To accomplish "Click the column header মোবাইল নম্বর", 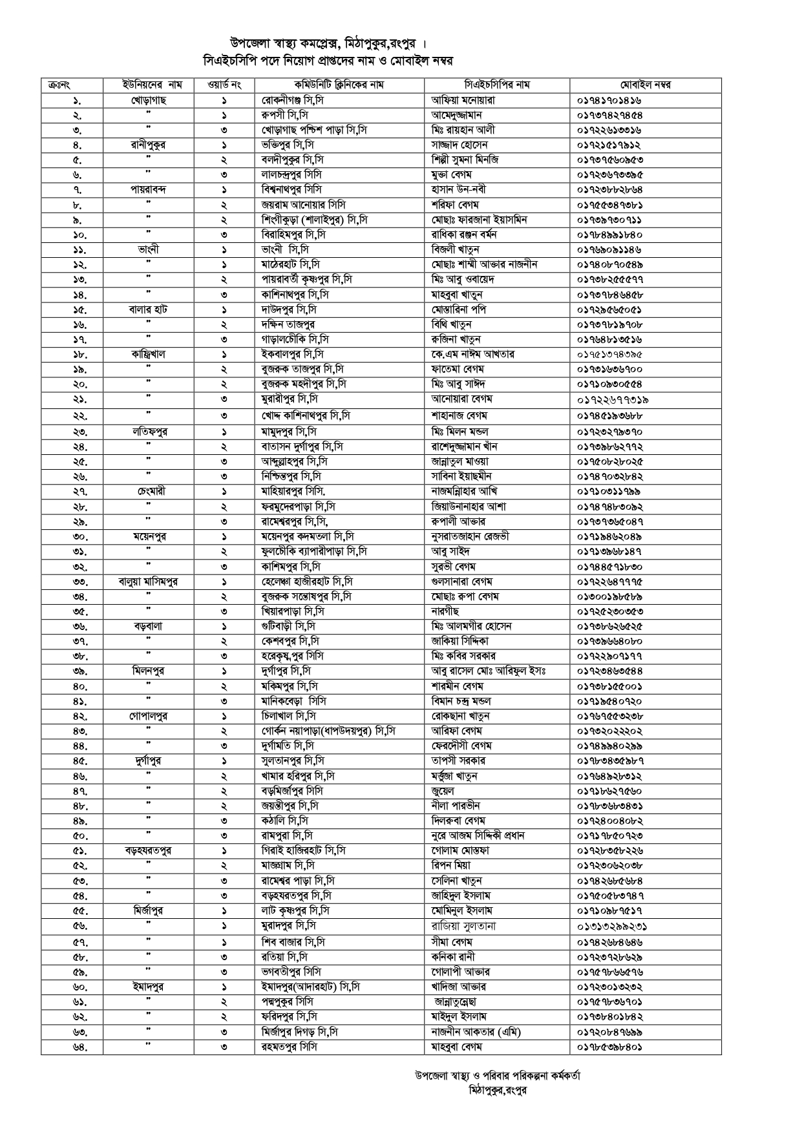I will [645, 85].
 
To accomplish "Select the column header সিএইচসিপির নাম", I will [496, 85].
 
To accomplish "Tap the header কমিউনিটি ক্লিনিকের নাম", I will [339, 85].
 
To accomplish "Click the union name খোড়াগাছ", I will [148, 101].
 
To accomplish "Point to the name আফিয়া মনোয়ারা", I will [463, 101].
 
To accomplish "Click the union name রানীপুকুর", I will [148, 145].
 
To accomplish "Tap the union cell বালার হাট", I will [148, 310].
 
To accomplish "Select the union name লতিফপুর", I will [148, 432].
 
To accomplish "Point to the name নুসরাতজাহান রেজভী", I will [470, 537].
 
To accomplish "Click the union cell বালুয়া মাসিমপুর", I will [148, 582].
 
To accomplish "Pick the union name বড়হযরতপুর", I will [148, 851].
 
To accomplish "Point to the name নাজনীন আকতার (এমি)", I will [476, 1032].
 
